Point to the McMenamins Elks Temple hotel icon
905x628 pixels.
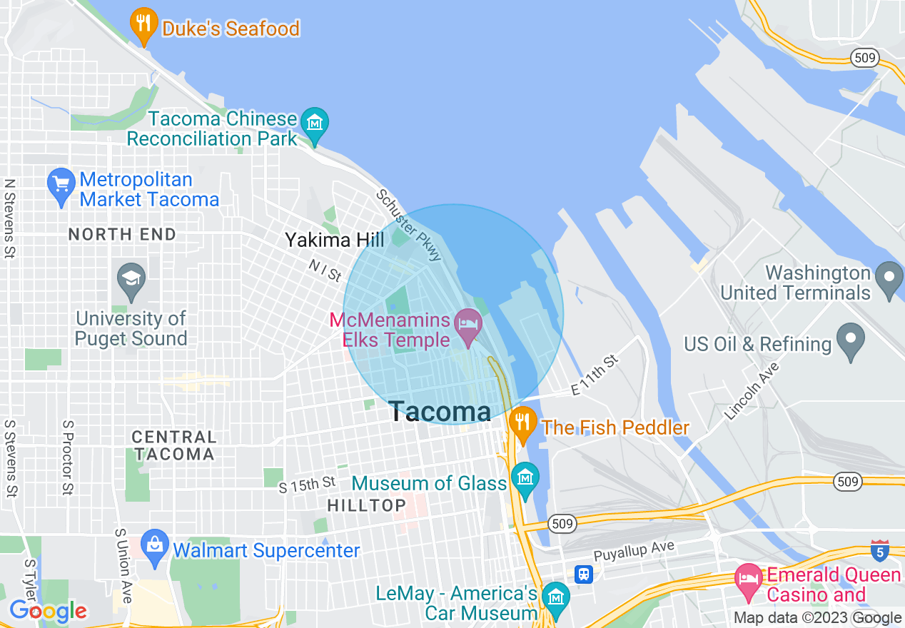pyautogui.click(x=468, y=329)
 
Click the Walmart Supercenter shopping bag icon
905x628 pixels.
pyautogui.click(x=154, y=547)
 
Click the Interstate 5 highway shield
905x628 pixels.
pyautogui.click(x=880, y=551)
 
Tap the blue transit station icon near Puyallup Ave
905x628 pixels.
pyautogui.click(x=584, y=574)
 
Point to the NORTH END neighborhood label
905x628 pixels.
pyautogui.click(x=122, y=234)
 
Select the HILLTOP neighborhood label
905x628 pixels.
pyautogui.click(x=366, y=505)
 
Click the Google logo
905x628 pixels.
pyautogui.click(x=48, y=612)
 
